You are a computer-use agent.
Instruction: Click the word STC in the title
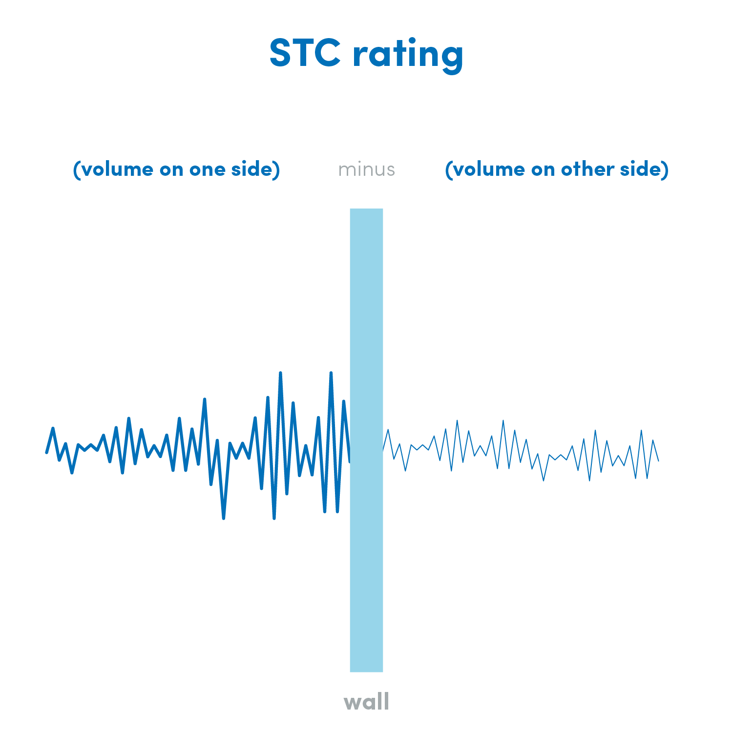pos(305,52)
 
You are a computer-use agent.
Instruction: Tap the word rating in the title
pos(408,55)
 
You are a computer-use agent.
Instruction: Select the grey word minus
pos(366,169)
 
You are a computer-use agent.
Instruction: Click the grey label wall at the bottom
pos(366,702)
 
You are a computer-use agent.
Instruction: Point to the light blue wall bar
pos(366,440)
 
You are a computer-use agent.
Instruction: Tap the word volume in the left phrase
pos(117,169)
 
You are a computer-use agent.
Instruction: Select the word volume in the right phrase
pos(489,169)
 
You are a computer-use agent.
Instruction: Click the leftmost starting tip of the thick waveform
pos(46,453)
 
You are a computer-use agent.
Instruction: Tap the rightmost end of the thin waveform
pos(659,461)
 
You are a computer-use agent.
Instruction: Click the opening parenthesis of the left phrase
pos(76,169)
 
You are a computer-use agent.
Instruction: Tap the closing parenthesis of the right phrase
pos(665,169)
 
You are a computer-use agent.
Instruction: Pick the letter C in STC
pos(327,52)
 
